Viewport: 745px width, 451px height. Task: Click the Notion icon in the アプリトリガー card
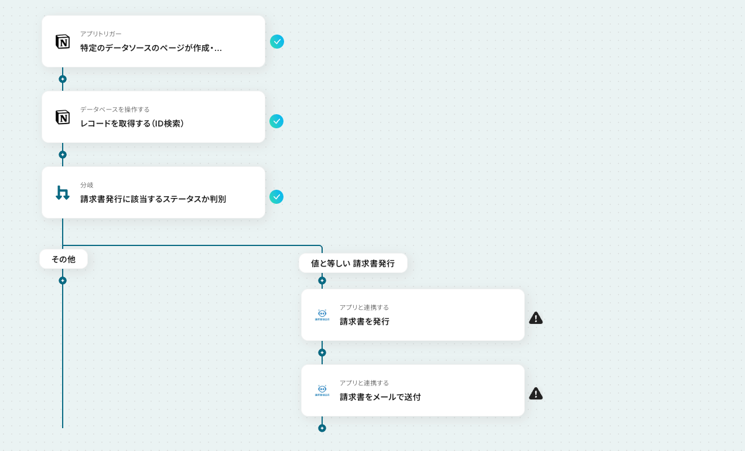[63, 42]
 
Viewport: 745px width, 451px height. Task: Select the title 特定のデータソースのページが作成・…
[151, 48]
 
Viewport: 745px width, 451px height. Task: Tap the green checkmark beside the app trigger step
[277, 42]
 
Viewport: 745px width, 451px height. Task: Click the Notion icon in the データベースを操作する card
[63, 117]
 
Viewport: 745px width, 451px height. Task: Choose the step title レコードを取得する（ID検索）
[132, 124]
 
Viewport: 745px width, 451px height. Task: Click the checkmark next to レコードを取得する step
[276, 121]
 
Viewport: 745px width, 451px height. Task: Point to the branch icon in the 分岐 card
[63, 193]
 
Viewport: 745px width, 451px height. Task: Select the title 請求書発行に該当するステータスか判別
[153, 199]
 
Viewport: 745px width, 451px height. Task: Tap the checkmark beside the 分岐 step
[276, 197]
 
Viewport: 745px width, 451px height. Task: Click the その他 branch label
[63, 259]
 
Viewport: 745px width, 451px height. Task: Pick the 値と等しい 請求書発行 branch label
[353, 263]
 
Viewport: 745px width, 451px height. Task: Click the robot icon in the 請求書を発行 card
[322, 315]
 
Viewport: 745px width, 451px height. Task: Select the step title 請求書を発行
[364, 322]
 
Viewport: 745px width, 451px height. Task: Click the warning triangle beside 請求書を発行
[536, 318]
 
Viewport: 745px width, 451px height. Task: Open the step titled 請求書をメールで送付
[380, 397]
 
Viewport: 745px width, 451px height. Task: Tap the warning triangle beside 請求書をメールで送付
[536, 394]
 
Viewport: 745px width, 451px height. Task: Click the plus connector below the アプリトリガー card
[63, 79]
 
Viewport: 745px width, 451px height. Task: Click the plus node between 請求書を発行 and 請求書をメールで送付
[322, 353]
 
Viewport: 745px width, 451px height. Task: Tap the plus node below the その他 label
[63, 281]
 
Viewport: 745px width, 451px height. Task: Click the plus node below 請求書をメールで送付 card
[322, 428]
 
